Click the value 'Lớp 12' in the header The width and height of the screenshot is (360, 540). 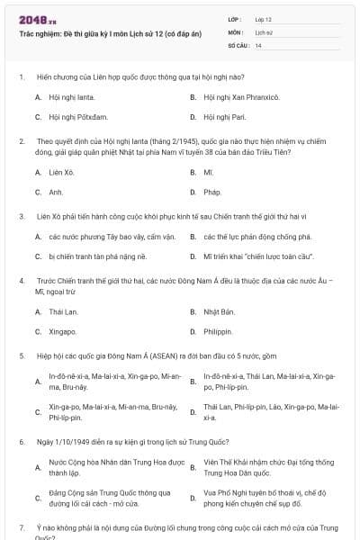(264, 19)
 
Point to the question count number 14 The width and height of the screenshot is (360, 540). (258, 44)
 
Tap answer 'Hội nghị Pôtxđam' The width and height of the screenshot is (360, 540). (71, 117)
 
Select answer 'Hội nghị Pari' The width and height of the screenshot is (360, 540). (223, 117)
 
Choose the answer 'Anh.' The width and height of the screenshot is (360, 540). (56, 192)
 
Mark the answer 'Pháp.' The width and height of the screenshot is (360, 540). (212, 192)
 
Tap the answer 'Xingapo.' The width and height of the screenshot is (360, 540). (64, 332)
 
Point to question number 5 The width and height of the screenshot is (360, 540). (21, 356)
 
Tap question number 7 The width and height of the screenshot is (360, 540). (21, 526)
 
